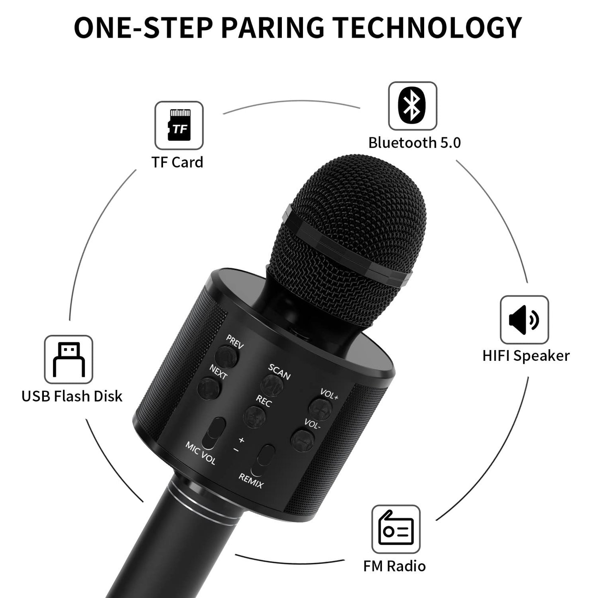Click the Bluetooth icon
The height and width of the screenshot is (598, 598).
tap(412, 106)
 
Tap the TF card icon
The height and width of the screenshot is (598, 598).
tap(179, 125)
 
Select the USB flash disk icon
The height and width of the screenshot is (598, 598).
tap(69, 359)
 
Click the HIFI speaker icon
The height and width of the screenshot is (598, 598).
tap(524, 319)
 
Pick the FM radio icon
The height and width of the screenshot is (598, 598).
tap(396, 529)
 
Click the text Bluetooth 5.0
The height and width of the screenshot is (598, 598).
tap(414, 143)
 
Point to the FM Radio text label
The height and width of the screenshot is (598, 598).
tap(394, 566)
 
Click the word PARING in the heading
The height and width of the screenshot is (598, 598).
tap(273, 28)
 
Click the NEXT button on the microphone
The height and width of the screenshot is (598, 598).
tap(209, 388)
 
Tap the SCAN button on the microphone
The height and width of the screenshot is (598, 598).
tap(272, 385)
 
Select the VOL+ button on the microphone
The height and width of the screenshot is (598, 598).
tap(320, 408)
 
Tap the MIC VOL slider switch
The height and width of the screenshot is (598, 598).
tap(216, 433)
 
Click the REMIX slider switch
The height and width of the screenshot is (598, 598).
tap(265, 460)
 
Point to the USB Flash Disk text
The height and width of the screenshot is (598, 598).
tap(72, 396)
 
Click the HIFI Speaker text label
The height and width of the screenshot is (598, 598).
tap(526, 356)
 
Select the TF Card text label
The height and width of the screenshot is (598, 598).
tap(177, 162)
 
